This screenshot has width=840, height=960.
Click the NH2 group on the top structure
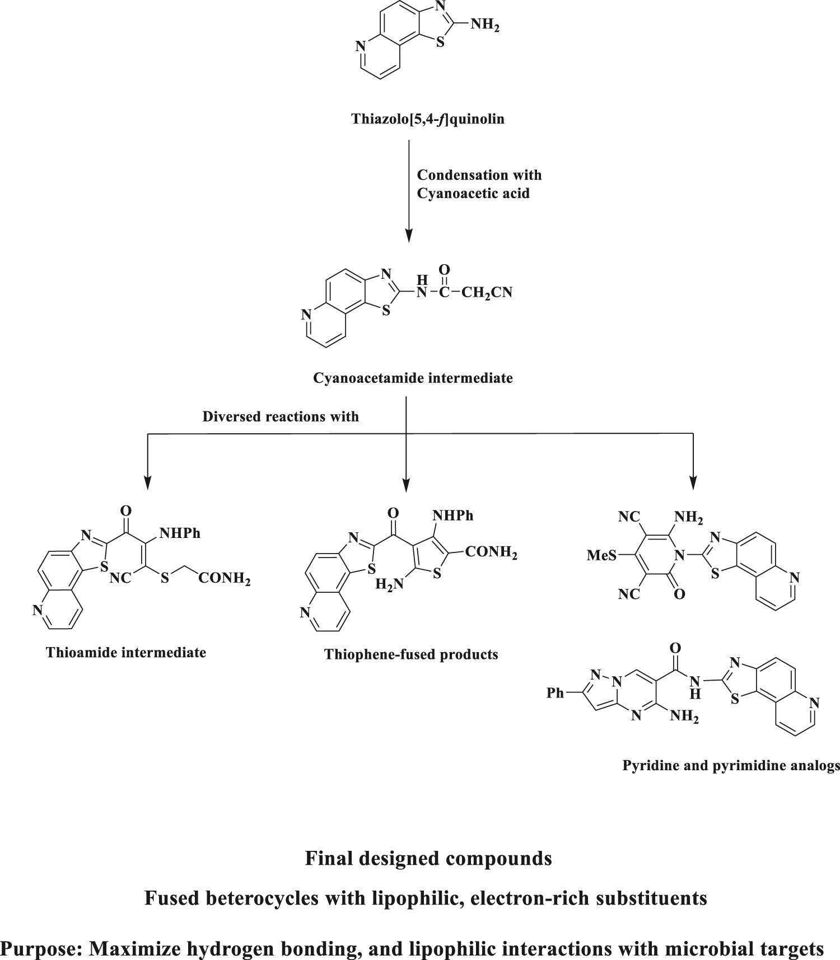[484, 26]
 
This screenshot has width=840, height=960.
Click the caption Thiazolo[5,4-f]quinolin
[428, 119]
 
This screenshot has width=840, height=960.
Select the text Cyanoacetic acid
[473, 194]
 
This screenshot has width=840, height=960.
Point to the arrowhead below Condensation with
[409, 235]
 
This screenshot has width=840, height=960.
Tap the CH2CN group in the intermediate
[487, 293]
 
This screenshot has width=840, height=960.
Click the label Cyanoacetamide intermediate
[413, 378]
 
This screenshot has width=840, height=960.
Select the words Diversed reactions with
[281, 416]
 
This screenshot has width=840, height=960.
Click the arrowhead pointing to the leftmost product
[148, 483]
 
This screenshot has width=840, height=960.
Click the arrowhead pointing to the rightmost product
[693, 483]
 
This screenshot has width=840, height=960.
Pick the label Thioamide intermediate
[127, 652]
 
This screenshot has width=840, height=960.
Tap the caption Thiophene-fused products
[411, 654]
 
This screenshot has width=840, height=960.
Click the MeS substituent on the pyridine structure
[601, 556]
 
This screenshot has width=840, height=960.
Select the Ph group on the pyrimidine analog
[556, 693]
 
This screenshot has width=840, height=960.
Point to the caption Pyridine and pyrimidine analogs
[731, 765]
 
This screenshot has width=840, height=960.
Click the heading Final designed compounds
[428, 858]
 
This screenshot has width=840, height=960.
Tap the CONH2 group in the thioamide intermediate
[223, 579]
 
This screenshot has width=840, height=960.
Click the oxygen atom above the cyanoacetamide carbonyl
[444, 270]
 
